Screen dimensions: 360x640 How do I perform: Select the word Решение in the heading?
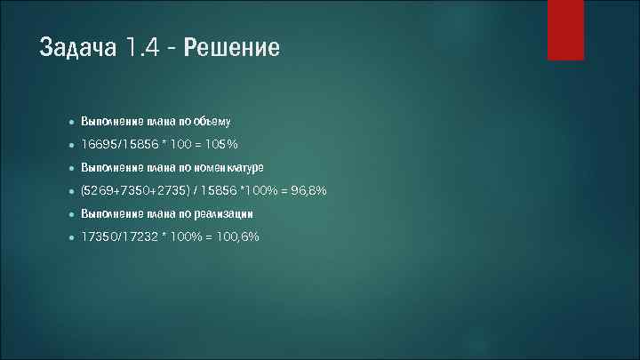232,47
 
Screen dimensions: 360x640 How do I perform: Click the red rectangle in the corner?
565,29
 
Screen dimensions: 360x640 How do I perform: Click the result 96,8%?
309,190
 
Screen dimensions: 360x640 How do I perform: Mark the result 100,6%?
237,237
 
